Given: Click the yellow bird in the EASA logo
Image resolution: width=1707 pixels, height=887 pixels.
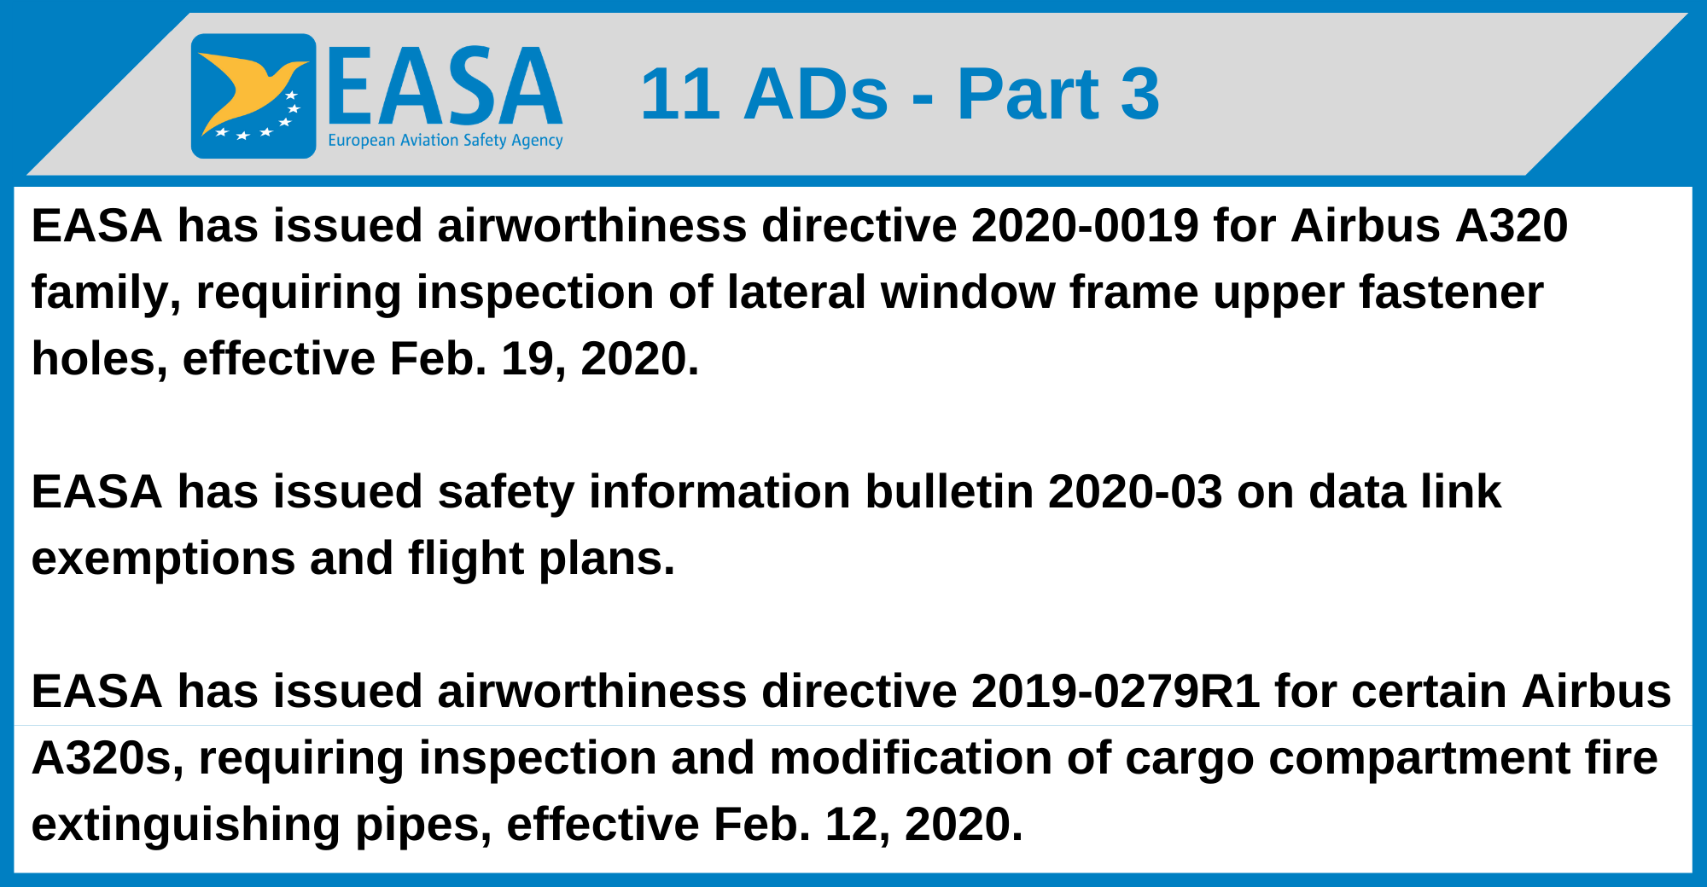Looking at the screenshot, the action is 248,90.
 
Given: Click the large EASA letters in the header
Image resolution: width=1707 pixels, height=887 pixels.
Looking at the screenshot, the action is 445,86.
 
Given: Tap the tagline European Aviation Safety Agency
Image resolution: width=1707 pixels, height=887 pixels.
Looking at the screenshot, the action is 446,140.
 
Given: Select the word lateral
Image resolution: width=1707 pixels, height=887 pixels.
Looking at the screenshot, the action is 797,293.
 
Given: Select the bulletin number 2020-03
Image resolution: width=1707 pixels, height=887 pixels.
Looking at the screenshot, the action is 1135,492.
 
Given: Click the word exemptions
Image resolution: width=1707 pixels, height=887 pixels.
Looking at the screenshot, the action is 163,559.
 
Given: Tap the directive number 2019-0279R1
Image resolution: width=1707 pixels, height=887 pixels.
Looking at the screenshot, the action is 1116,692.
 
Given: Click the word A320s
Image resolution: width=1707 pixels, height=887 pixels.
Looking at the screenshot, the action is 108,758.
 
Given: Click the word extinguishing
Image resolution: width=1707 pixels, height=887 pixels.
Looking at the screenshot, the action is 185,826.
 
